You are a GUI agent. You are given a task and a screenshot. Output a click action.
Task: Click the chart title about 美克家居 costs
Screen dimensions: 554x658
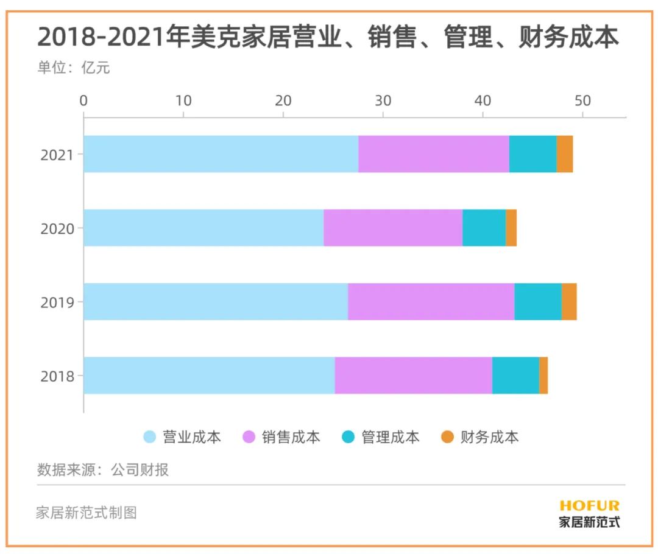(328, 38)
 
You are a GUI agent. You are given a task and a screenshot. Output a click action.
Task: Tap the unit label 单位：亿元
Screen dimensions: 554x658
(74, 68)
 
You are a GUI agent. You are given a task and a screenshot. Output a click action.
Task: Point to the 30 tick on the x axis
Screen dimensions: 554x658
(383, 100)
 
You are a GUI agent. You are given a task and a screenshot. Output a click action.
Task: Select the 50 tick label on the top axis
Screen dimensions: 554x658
(582, 100)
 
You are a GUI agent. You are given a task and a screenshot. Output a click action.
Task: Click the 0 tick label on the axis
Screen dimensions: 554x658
(84, 100)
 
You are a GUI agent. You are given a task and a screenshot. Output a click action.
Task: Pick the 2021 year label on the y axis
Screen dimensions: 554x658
(57, 155)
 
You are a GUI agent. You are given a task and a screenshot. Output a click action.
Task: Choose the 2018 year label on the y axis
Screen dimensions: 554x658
(57, 376)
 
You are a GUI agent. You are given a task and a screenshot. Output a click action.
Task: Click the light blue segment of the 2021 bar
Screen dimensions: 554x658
(221, 154)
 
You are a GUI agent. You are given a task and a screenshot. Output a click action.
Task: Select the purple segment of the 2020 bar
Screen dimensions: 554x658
(393, 228)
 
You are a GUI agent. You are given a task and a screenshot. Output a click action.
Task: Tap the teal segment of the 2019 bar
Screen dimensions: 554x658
(538, 301)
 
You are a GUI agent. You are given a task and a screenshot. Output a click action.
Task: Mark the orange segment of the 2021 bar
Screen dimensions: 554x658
(565, 154)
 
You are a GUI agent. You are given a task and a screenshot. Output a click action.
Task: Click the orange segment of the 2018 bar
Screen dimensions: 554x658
(543, 376)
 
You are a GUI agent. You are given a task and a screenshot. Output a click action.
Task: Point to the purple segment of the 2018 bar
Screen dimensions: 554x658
(413, 376)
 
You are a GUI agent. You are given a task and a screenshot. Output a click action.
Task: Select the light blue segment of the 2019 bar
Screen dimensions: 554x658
(216, 301)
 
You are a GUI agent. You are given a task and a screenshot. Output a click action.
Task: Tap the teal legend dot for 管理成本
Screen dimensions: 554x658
(348, 437)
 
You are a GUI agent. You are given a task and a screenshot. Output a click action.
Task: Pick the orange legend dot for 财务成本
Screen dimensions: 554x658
(448, 437)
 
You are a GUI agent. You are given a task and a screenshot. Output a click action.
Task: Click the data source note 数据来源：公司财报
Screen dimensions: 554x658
(103, 469)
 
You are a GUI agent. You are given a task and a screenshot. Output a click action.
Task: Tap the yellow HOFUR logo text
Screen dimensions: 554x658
(589, 505)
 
